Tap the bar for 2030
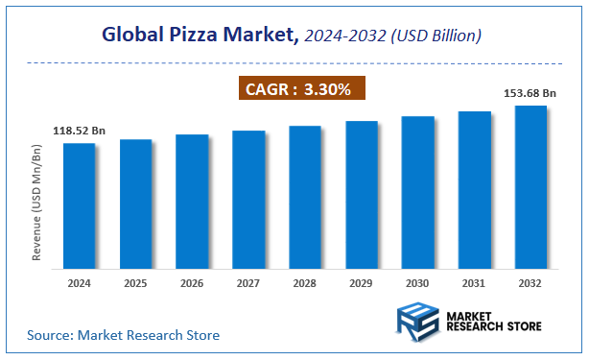417,191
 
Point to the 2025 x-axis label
136,284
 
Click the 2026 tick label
192,284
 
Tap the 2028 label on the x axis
305,284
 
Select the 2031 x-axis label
474,284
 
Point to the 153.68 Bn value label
530,93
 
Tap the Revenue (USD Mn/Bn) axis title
36,204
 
